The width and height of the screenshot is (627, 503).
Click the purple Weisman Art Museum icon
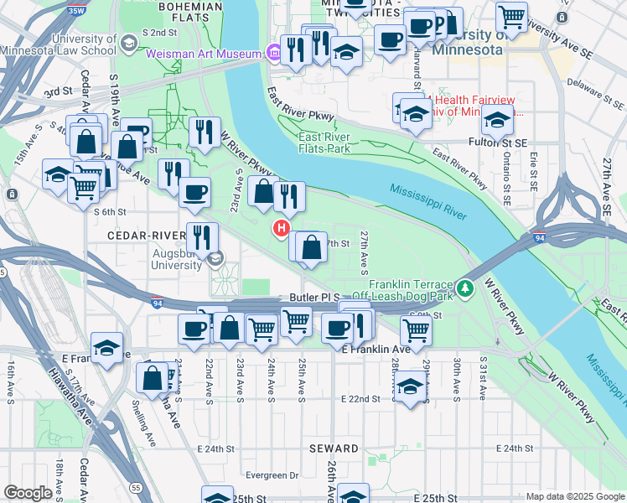274,54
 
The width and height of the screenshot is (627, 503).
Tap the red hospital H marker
282,227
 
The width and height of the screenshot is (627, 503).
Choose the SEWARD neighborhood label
334,449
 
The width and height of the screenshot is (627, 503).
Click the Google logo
28,493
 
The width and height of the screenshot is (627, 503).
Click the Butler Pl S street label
314,298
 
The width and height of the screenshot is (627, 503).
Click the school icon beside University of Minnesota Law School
128,43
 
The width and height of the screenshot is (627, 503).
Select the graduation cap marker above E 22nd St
409,387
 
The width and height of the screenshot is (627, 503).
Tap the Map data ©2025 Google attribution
574,496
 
